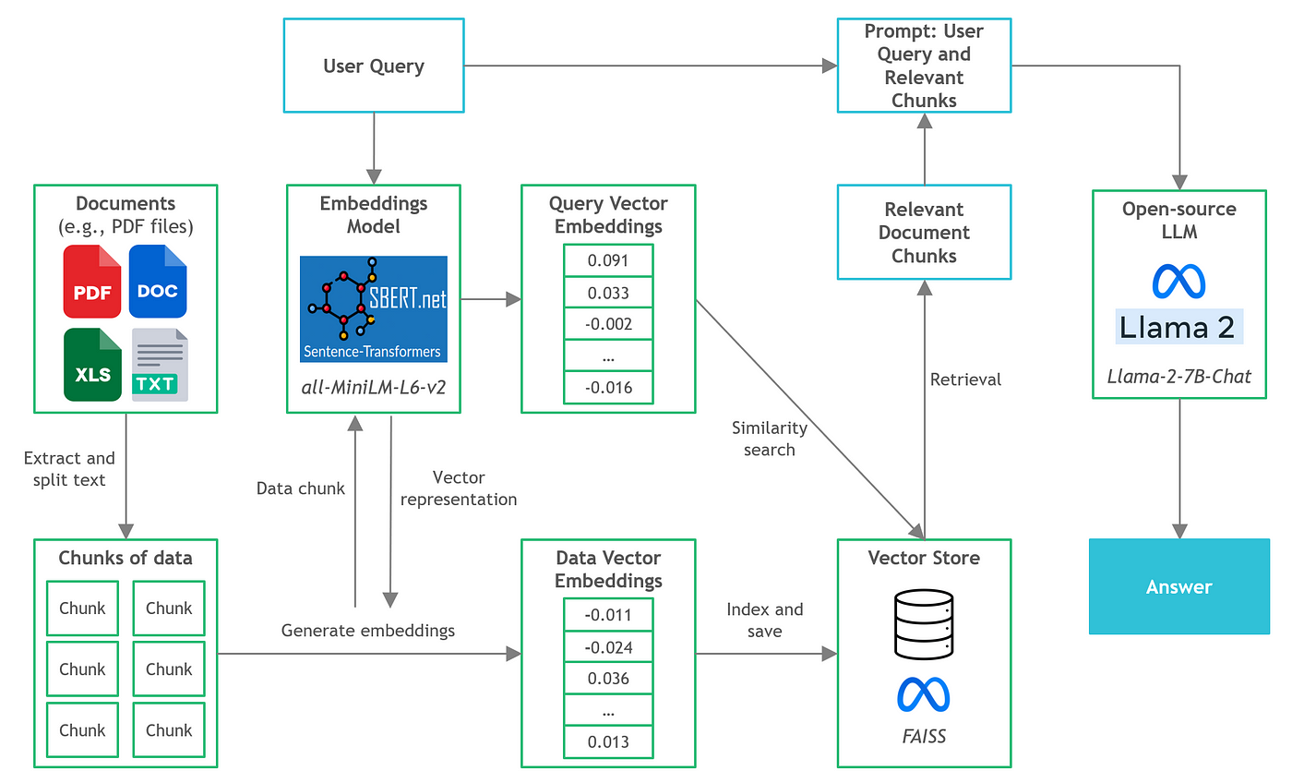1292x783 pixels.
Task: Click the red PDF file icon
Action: coord(91,282)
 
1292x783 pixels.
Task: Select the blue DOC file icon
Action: coord(158,282)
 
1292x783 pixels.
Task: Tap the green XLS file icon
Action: coord(92,366)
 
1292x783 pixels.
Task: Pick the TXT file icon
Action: coord(159,366)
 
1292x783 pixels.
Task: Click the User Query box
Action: coord(374,66)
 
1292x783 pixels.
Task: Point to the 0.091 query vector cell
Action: coord(608,260)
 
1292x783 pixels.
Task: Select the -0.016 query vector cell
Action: coord(608,387)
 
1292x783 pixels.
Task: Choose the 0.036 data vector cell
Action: coord(608,679)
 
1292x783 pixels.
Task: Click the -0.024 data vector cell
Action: coord(608,647)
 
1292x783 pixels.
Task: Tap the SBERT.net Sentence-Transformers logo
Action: coord(374,309)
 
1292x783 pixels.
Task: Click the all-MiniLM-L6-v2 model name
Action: coord(374,387)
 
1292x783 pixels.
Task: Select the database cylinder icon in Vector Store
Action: coord(924,625)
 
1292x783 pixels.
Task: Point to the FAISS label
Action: coord(924,738)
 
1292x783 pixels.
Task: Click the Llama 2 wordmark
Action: coord(1178,327)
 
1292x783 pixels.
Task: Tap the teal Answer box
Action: coord(1178,586)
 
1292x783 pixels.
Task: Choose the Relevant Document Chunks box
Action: coord(924,233)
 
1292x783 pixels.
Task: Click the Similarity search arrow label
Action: coord(769,439)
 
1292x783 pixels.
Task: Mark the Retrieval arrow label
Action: coord(965,379)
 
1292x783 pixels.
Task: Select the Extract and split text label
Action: coord(69,468)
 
